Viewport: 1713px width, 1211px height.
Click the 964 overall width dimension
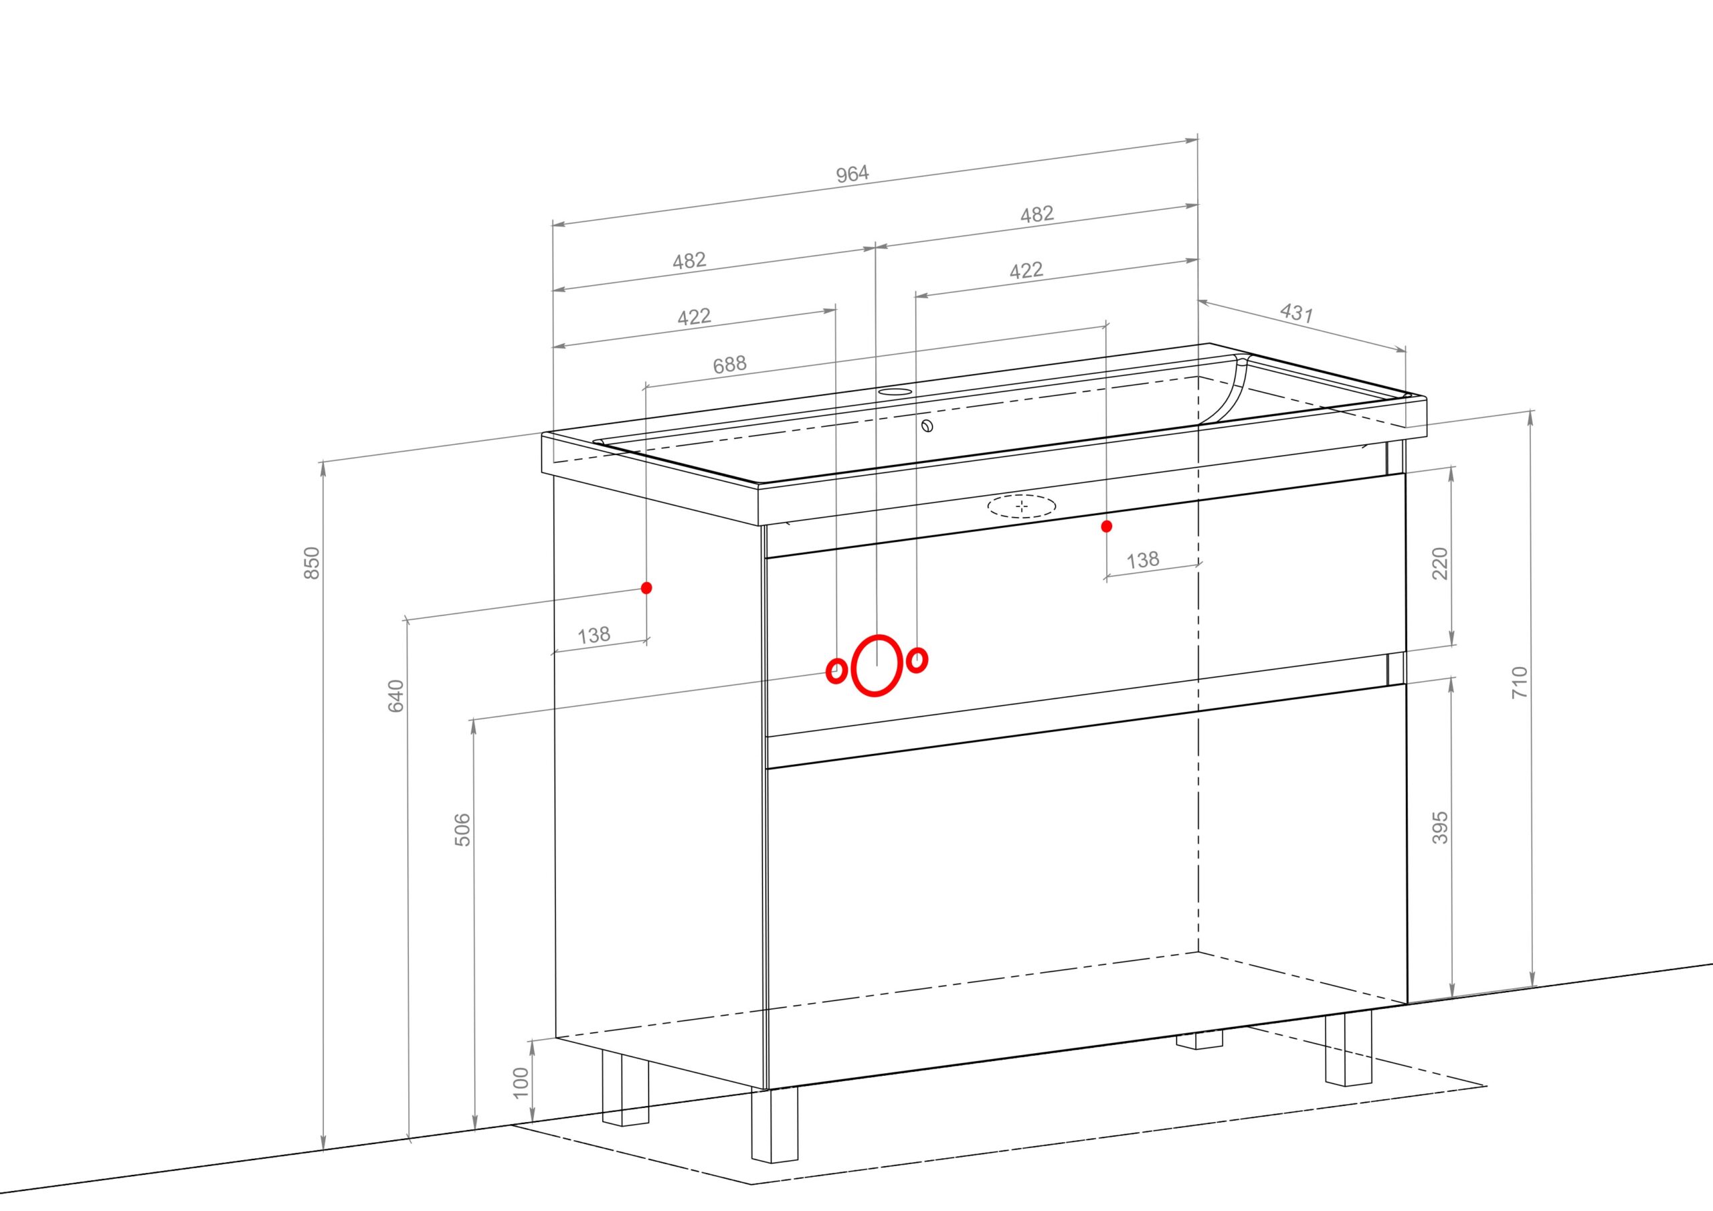pos(852,174)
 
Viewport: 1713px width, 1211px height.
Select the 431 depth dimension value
pos(1297,312)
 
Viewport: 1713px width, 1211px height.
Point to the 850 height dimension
pos(312,563)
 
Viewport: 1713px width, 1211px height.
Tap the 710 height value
pos(1520,682)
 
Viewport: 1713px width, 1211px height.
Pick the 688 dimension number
pos(729,364)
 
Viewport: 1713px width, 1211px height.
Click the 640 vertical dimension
pos(396,695)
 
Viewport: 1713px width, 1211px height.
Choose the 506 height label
pos(462,829)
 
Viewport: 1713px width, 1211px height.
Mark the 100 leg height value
pos(521,1083)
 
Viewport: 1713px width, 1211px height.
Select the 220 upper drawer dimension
pos(1440,563)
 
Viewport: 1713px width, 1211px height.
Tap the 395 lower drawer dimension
pos(1440,828)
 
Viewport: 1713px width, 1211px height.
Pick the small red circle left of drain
pos(836,671)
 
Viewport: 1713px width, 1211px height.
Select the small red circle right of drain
pos(917,660)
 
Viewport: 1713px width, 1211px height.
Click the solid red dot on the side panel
pos(646,588)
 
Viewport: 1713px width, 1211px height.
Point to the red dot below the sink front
pos(1107,526)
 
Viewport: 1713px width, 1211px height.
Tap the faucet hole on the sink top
pos(895,391)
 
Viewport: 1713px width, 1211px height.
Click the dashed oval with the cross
pos(1022,506)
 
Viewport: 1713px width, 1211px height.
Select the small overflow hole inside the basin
pos(927,427)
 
